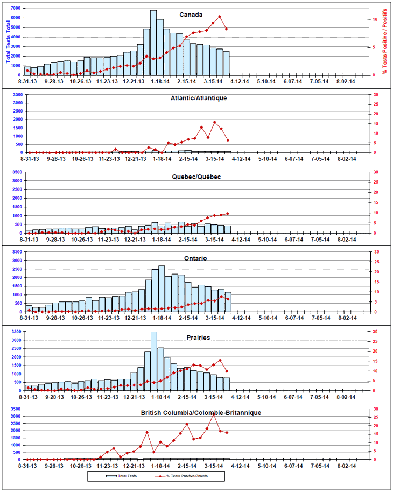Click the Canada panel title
tap(191, 15)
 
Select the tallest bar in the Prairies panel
tap(153, 361)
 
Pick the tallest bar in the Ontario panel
tap(161, 288)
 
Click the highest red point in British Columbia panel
tap(213, 413)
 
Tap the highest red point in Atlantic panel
tap(215, 122)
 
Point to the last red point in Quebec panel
tap(228, 213)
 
